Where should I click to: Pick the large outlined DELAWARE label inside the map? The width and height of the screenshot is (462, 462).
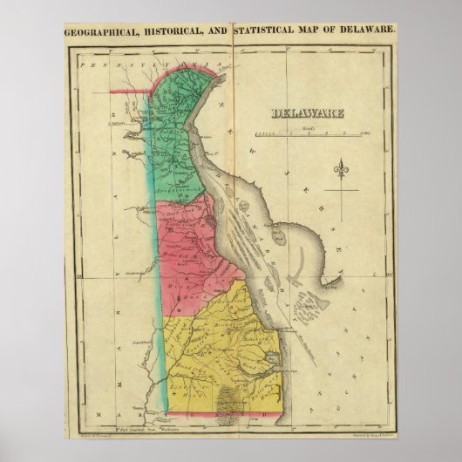tap(307, 112)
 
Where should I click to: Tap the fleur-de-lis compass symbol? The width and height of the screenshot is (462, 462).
tap(341, 172)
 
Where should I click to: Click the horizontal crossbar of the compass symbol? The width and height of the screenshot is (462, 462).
tap(341, 175)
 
